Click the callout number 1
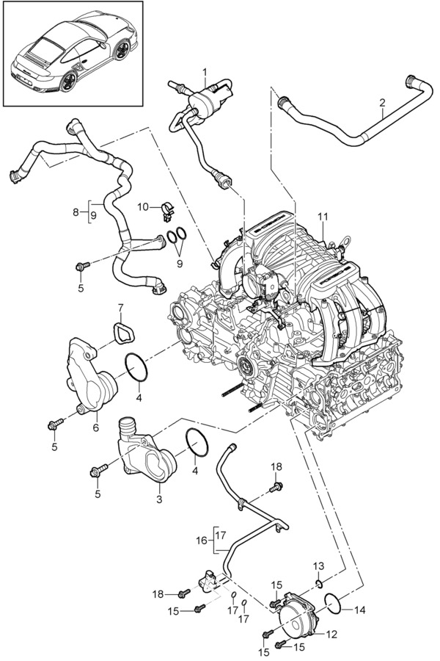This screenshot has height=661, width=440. pos(205,72)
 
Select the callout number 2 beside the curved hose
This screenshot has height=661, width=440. pos(382,104)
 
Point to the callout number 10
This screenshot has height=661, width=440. pos(144,206)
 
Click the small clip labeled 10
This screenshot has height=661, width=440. pos(166,210)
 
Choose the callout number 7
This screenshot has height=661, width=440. pos(121,306)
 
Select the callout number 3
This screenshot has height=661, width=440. pos(159,499)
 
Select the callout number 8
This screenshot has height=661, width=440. pos(76,212)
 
